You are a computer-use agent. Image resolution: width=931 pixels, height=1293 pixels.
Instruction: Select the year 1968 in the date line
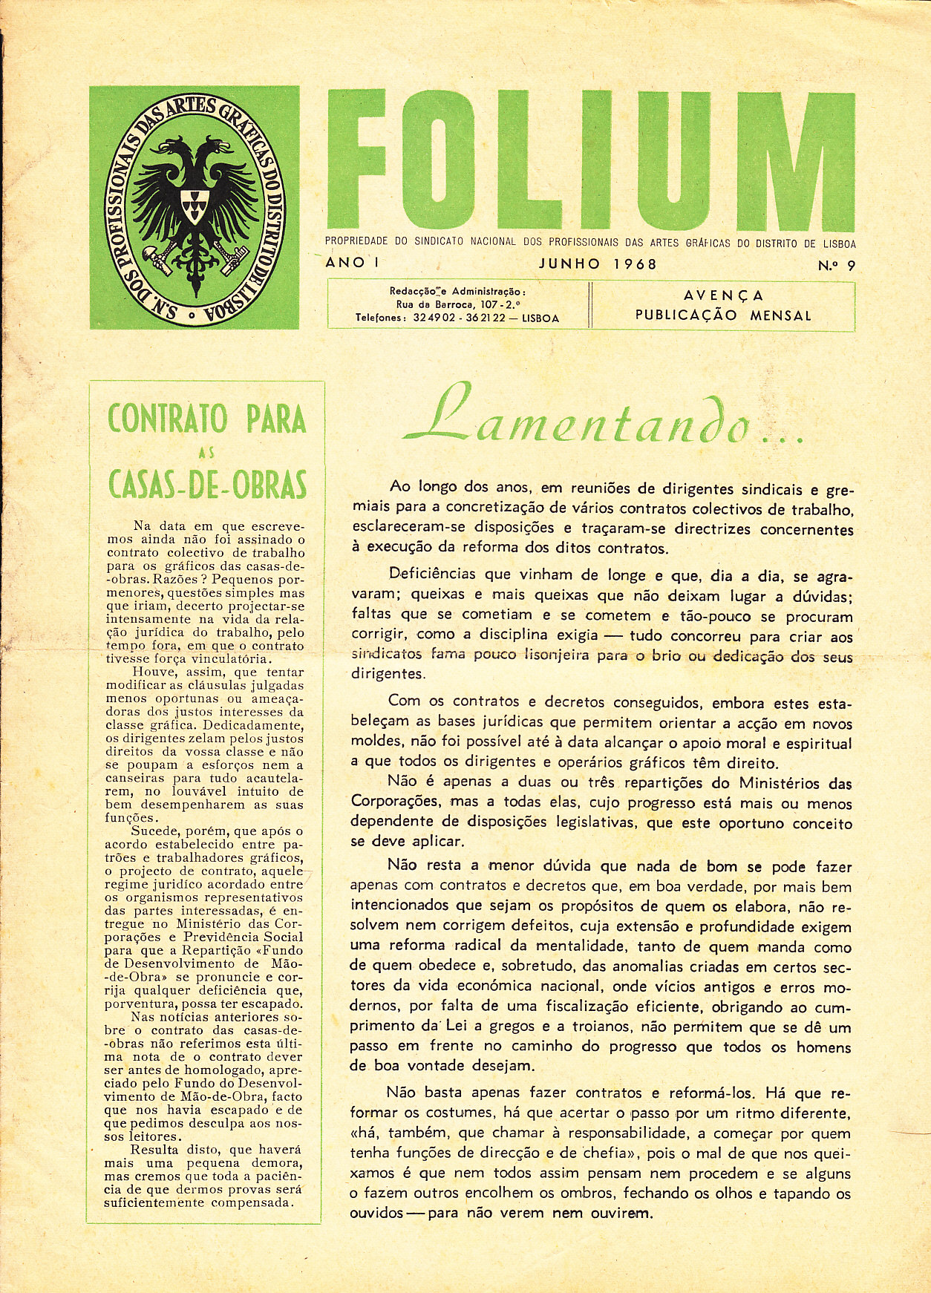point(635,263)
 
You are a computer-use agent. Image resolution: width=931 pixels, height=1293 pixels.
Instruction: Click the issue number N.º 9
point(836,264)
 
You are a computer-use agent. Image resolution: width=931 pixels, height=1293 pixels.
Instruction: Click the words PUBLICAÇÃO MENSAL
point(723,315)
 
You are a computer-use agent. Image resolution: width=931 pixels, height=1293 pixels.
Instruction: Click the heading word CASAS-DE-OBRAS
point(207,485)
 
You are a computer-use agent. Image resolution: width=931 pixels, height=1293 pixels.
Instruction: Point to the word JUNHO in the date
point(569,263)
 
